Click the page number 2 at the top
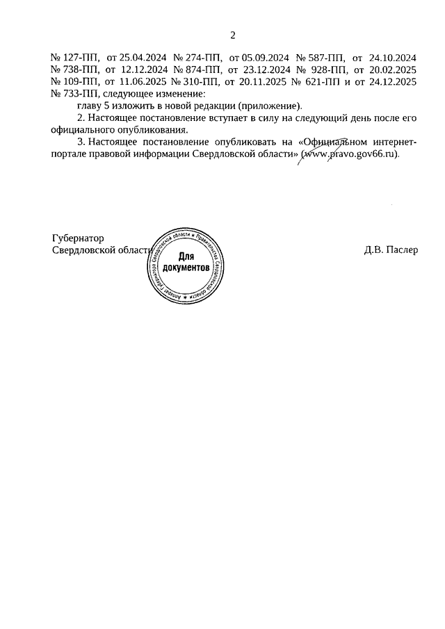(x=234, y=35)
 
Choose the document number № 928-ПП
(x=322, y=70)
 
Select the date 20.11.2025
(x=264, y=82)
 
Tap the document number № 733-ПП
(x=76, y=94)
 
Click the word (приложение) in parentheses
(x=272, y=106)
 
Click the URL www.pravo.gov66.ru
(x=349, y=154)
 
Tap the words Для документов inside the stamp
(x=186, y=262)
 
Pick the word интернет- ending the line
(x=392, y=142)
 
